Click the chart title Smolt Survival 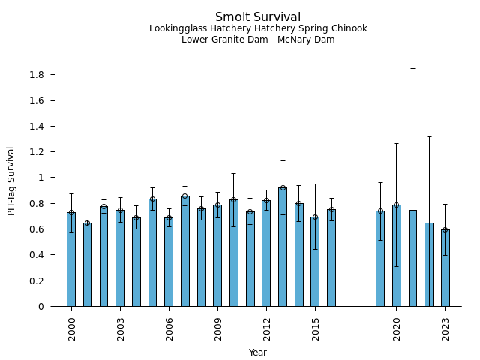pos(258,17)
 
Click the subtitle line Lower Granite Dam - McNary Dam pos(258,40)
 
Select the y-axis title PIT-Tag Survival pos(11,181)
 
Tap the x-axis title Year pos(258,352)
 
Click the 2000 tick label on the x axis pos(72,328)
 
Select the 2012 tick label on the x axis pos(266,328)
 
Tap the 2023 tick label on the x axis pos(445,328)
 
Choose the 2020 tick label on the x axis pos(397,328)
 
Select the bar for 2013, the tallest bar pos(283,247)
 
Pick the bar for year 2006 pos(169,262)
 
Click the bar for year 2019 pos(380,259)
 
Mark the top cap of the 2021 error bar pos(412,68)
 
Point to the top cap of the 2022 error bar pos(429,136)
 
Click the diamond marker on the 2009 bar pos(217,205)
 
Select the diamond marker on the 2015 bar pos(315,217)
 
